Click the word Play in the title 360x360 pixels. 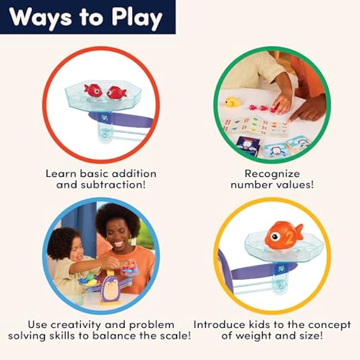click(x=137, y=18)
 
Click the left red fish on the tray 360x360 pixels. click(x=93, y=90)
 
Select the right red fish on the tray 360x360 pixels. click(x=116, y=92)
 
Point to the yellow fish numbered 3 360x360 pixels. click(x=232, y=102)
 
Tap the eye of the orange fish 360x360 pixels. click(x=275, y=236)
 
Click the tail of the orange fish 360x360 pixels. click(x=299, y=232)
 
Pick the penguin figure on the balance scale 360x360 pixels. click(x=110, y=289)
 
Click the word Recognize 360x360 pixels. click(x=272, y=174)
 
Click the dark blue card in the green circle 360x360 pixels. click(x=248, y=144)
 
